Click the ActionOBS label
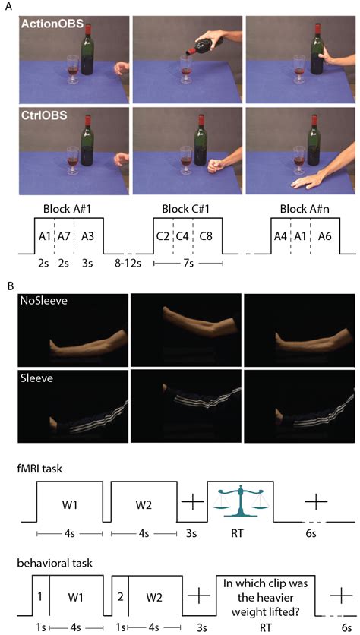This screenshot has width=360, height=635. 53,24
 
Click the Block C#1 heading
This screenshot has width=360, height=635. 188,209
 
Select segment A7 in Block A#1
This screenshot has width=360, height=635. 64,236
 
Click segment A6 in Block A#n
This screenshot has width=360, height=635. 325,236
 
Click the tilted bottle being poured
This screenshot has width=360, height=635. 207,44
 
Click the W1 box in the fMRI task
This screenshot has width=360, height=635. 70,501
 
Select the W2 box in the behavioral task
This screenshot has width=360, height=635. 156,596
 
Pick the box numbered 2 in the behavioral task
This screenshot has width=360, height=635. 120,596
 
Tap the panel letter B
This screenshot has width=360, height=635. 11,285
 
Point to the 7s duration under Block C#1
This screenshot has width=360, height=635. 188,264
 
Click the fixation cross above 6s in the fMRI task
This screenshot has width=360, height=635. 316,501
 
